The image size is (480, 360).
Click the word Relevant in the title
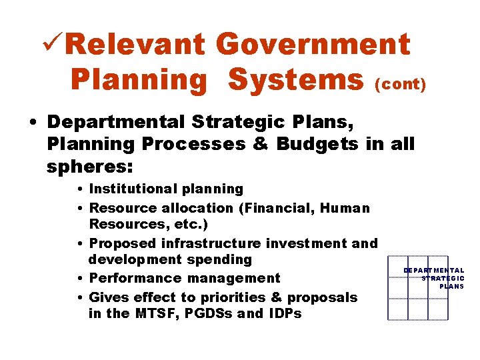(x=137, y=45)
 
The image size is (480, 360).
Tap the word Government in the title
(x=313, y=45)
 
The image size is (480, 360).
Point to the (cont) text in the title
(x=399, y=85)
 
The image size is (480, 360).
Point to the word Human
(x=345, y=208)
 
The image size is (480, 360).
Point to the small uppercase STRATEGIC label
(x=443, y=278)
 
